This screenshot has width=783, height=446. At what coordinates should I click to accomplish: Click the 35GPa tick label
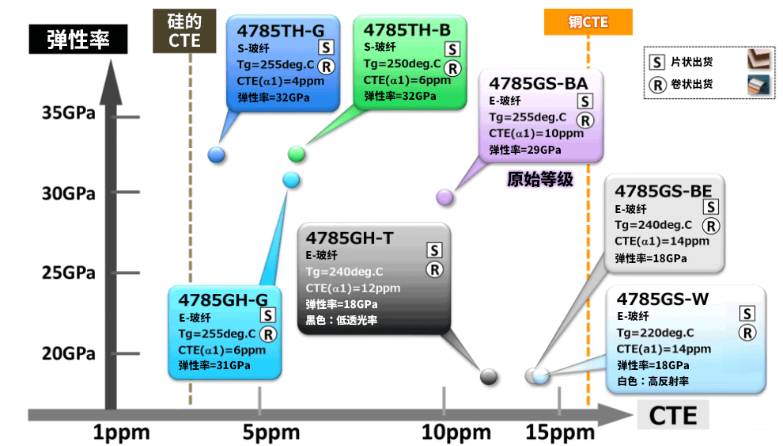[68, 112]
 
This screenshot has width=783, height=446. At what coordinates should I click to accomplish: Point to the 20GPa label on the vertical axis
[68, 353]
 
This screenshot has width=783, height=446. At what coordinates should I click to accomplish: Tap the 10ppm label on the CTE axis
[456, 432]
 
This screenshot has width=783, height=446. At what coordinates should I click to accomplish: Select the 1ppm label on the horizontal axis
[121, 432]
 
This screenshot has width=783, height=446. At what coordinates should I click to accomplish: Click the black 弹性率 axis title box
[78, 39]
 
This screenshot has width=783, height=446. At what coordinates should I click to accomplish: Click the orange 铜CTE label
[588, 22]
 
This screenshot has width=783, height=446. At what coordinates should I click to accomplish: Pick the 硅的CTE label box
[184, 31]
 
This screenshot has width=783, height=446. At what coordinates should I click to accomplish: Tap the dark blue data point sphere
[216, 155]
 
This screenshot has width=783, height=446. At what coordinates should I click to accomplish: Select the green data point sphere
[297, 154]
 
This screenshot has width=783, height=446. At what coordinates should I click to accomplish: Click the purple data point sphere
[444, 197]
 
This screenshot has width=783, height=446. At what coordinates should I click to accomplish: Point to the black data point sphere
[488, 376]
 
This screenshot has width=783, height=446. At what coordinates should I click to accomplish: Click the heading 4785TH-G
[281, 31]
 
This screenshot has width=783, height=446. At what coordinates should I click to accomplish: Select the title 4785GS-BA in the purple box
[539, 83]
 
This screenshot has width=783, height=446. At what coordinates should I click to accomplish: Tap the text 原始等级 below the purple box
[540, 179]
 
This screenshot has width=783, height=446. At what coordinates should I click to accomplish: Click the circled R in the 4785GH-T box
[434, 270]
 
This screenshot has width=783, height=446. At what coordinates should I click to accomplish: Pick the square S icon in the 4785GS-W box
[747, 314]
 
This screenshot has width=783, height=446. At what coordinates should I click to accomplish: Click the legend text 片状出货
[691, 62]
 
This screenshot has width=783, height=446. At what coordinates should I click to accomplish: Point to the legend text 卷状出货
[691, 84]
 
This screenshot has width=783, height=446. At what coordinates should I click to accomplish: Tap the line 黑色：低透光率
[342, 320]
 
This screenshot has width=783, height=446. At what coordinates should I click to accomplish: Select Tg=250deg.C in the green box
[402, 64]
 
